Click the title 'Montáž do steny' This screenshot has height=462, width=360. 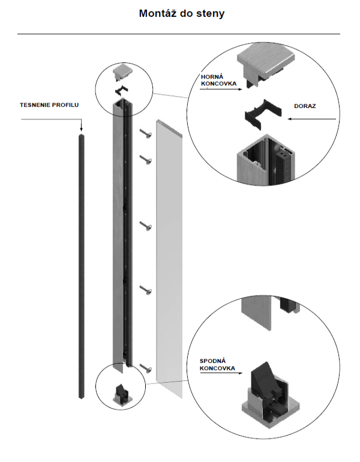pyautogui.click(x=182, y=13)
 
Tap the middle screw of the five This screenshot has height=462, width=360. pyautogui.click(x=146, y=226)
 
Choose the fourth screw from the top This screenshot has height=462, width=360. pyautogui.click(x=146, y=290)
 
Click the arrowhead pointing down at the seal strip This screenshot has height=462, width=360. pyautogui.click(x=81, y=129)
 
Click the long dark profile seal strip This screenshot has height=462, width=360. pyautogui.click(x=81, y=264)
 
